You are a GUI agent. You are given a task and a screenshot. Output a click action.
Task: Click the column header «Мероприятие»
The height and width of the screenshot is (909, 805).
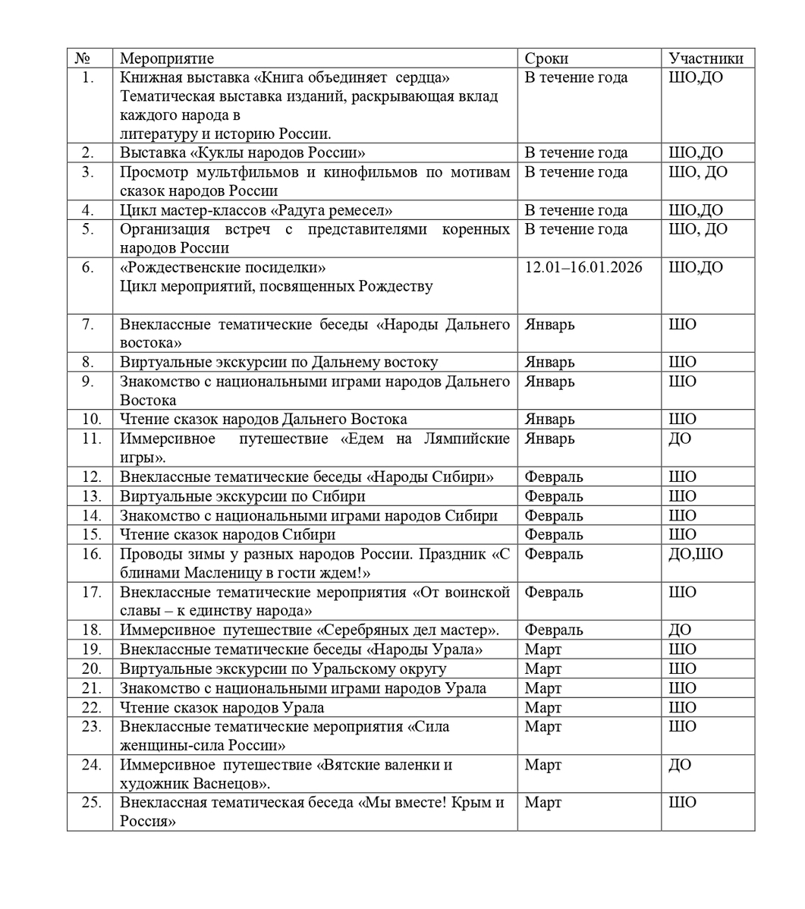point(167,58)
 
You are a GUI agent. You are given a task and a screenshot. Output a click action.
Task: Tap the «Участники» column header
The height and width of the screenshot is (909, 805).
point(706,58)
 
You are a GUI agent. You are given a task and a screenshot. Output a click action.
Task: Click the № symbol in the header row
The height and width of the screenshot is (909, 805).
point(83,58)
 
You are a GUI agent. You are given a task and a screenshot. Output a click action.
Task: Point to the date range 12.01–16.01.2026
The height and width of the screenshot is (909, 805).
point(583,267)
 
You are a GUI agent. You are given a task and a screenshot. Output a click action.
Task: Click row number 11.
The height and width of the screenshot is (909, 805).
point(91,439)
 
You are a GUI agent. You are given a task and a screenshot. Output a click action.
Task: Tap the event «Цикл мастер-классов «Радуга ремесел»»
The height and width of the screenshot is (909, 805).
point(256,210)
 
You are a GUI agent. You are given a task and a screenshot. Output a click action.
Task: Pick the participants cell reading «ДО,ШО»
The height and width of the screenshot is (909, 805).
point(695,554)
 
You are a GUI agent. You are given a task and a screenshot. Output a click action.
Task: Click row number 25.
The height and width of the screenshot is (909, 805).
point(91,803)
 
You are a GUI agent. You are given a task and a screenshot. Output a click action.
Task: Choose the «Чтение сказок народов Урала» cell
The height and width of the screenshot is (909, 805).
point(222,707)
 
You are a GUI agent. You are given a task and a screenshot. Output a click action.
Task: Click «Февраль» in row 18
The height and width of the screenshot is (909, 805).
point(553,630)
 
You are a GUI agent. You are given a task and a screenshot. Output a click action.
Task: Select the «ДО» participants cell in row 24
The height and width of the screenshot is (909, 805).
point(679,765)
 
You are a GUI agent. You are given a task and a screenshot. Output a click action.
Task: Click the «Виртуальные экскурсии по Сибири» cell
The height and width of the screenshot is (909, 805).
point(242,496)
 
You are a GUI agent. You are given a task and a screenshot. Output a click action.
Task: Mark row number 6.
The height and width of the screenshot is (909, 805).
point(89,267)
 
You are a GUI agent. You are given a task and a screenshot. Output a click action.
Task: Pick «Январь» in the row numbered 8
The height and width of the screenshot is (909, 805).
point(549,363)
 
